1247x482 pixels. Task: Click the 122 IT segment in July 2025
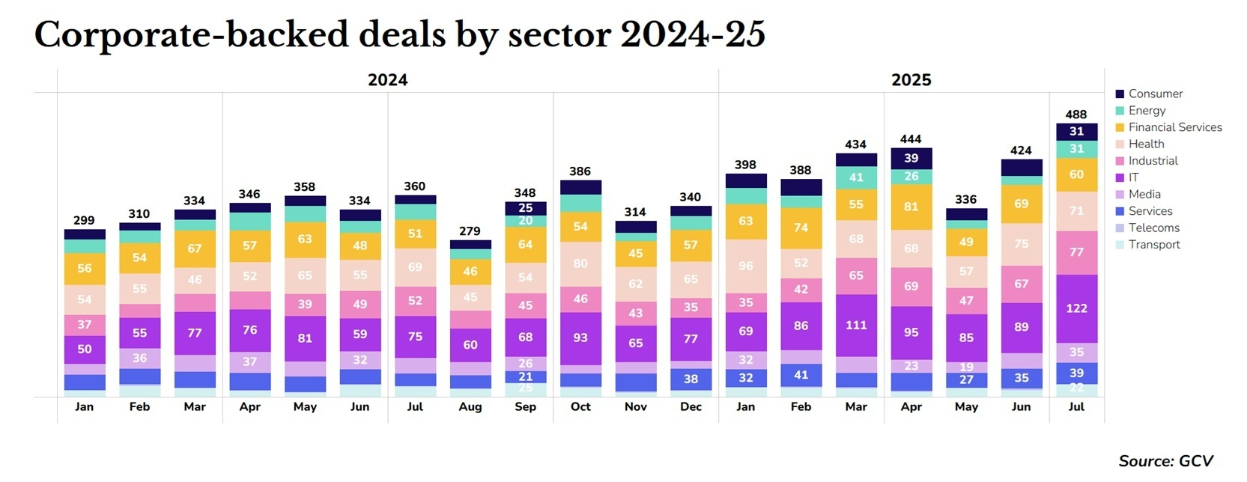click(1076, 308)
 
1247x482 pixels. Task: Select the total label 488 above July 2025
click(1076, 115)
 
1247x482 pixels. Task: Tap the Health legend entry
click(1146, 144)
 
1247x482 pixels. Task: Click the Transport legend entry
click(1153, 244)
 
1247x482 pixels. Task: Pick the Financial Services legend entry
click(1174, 127)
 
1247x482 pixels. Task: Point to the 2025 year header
click(911, 80)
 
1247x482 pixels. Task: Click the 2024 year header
click(387, 80)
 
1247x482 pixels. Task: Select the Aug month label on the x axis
click(470, 406)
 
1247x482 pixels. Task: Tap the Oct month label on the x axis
click(580, 406)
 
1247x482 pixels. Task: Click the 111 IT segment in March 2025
click(856, 325)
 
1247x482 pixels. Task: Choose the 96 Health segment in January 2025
click(746, 266)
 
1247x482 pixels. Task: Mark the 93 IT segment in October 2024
click(580, 338)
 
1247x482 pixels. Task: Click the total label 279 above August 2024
click(470, 231)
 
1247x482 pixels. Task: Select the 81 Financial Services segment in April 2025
click(911, 207)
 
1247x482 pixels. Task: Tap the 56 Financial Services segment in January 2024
click(85, 268)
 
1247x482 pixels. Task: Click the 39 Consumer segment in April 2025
click(911, 158)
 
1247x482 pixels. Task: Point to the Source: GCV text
click(1165, 461)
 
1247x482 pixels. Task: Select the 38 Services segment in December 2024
click(691, 379)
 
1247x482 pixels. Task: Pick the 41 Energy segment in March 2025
click(856, 177)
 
